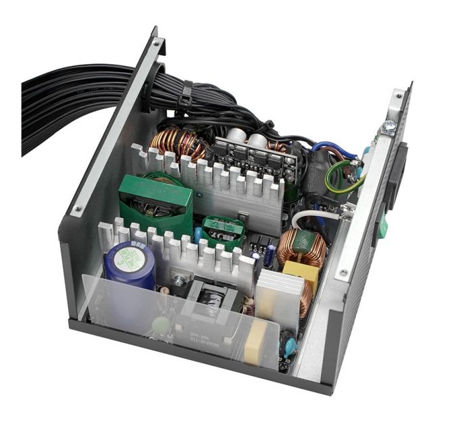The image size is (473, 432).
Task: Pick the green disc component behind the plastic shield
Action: point(159,325)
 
